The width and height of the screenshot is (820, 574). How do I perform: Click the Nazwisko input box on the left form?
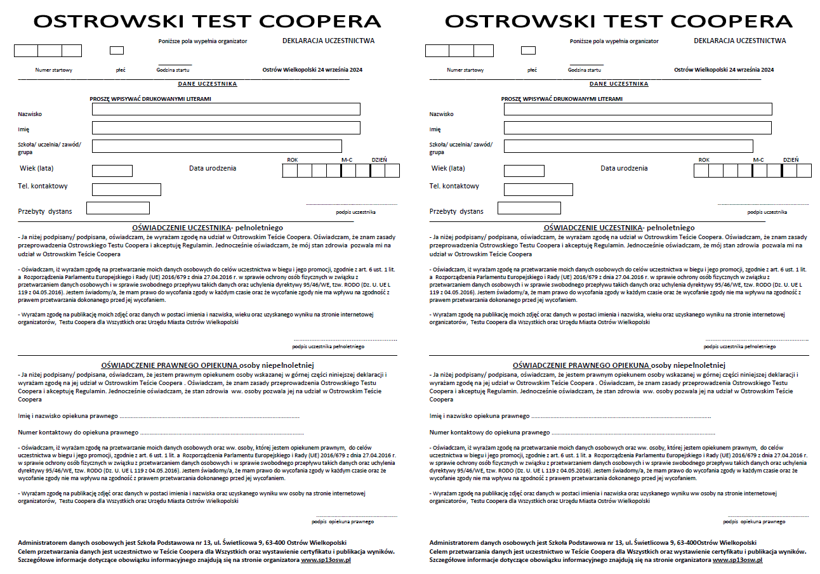(226, 109)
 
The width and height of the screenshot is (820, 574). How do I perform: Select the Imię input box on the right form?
(637, 128)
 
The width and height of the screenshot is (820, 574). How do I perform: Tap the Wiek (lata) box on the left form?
(112, 171)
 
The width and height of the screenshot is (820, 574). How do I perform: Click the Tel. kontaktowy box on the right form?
(538, 189)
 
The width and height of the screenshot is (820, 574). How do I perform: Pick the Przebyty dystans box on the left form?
(117, 208)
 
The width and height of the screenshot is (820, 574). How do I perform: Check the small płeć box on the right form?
(528, 50)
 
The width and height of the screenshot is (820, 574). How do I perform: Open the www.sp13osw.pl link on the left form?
(326, 561)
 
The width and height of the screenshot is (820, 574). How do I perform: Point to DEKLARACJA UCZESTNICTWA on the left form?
(328, 41)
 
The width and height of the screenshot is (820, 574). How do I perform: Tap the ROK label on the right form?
(703, 160)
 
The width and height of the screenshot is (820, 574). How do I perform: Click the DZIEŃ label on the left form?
(379, 160)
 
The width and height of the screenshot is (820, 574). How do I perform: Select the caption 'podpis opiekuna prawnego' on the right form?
(754, 521)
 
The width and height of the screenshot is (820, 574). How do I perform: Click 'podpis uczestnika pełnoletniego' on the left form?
(328, 346)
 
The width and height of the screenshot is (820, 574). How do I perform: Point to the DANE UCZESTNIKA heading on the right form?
(619, 84)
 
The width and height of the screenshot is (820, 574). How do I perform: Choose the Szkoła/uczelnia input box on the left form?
(216, 147)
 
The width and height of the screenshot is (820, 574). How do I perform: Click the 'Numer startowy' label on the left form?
(54, 70)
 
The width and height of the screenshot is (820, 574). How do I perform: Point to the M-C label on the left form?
(347, 160)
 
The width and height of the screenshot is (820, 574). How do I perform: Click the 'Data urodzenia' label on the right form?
(624, 168)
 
